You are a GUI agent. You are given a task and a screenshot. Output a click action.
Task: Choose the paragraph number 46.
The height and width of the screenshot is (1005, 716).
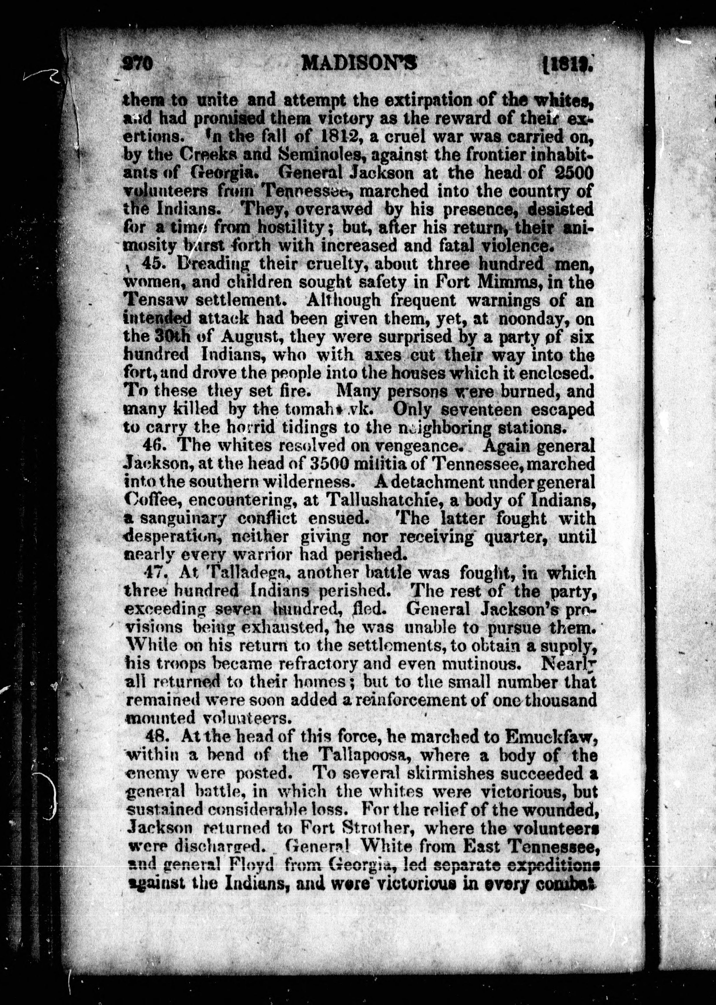tap(155, 445)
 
